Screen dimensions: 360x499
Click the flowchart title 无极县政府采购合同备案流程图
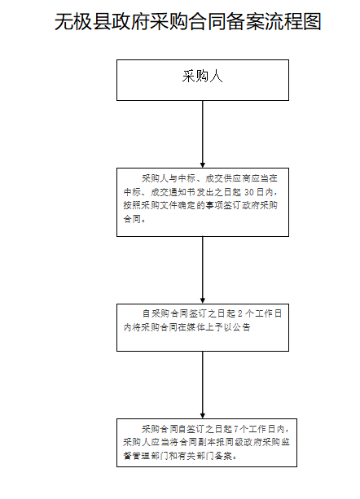[x=188, y=22]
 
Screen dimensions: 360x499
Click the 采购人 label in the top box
[x=203, y=77]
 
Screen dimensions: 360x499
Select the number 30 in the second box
[x=249, y=192]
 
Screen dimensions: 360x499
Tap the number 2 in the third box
[x=240, y=313]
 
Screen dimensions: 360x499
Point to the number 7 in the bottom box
[x=236, y=429]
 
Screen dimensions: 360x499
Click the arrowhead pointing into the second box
[x=203, y=165]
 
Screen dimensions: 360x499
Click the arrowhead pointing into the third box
[x=203, y=300]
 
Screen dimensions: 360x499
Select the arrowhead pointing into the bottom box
[x=203, y=416]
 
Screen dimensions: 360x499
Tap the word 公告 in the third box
[x=241, y=327]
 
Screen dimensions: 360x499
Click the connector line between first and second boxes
[x=203, y=133]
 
